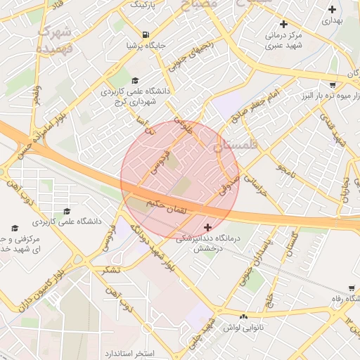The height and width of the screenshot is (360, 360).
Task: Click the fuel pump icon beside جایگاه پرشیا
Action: click(146, 34)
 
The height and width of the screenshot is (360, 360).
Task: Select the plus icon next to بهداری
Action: click(333, 10)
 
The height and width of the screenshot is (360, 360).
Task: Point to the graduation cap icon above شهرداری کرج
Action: click(136, 80)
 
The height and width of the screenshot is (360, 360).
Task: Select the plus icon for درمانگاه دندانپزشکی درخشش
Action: click(207, 227)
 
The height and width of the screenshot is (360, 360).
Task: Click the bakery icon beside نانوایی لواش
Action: click(243, 316)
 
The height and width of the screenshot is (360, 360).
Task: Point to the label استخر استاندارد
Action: click(134, 351)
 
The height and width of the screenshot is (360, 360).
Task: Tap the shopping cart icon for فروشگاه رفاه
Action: click(351, 288)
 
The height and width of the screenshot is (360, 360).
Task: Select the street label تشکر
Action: click(111, 270)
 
